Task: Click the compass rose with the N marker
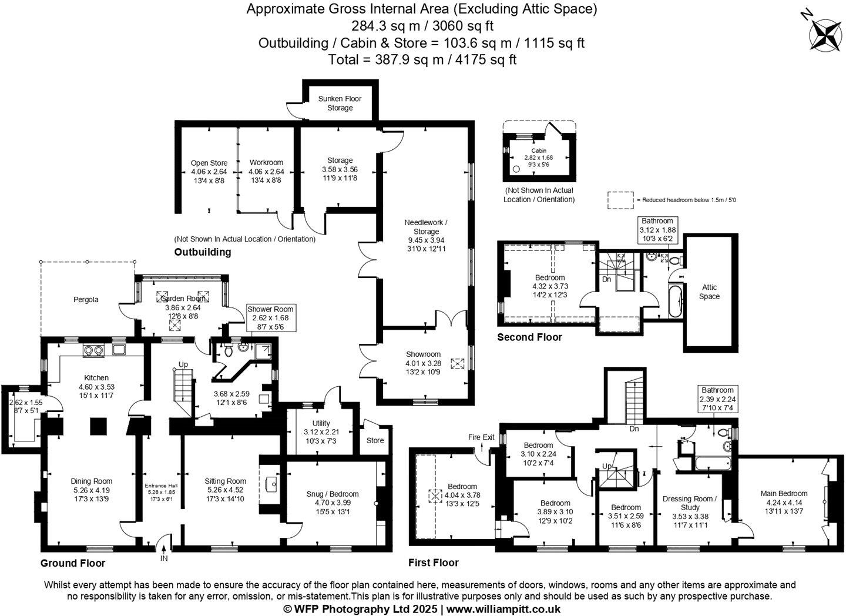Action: click(825, 33)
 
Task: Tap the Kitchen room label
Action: click(96, 377)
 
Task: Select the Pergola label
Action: click(86, 300)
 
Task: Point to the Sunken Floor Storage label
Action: click(340, 103)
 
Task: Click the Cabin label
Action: click(538, 150)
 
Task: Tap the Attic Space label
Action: click(710, 292)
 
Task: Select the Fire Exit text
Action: click(481, 437)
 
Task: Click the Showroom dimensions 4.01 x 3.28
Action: click(423, 363)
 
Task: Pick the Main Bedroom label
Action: click(784, 494)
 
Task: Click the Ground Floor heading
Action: click(73, 563)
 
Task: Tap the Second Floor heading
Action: click(529, 337)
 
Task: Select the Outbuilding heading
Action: click(203, 252)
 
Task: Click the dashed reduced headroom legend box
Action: click(621, 200)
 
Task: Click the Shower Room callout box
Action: click(270, 317)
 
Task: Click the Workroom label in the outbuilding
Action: click(266, 163)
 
